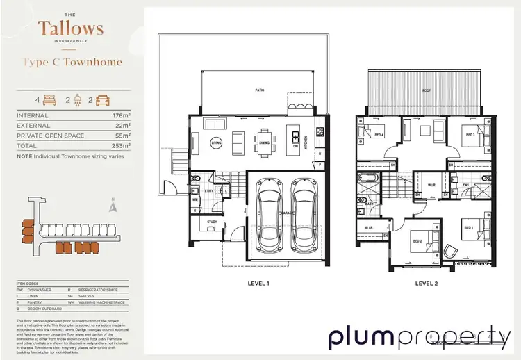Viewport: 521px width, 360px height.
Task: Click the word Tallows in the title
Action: click(71, 29)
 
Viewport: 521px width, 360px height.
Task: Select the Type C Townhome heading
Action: click(73, 62)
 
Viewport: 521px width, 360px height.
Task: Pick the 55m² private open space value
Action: click(122, 137)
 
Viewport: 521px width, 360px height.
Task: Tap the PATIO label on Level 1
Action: click(260, 90)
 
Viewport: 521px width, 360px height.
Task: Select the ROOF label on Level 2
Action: click(427, 91)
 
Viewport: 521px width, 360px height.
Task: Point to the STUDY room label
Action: click(211, 223)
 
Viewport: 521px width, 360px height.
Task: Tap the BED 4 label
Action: click(379, 136)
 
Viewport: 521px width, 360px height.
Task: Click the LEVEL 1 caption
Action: click(258, 284)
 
